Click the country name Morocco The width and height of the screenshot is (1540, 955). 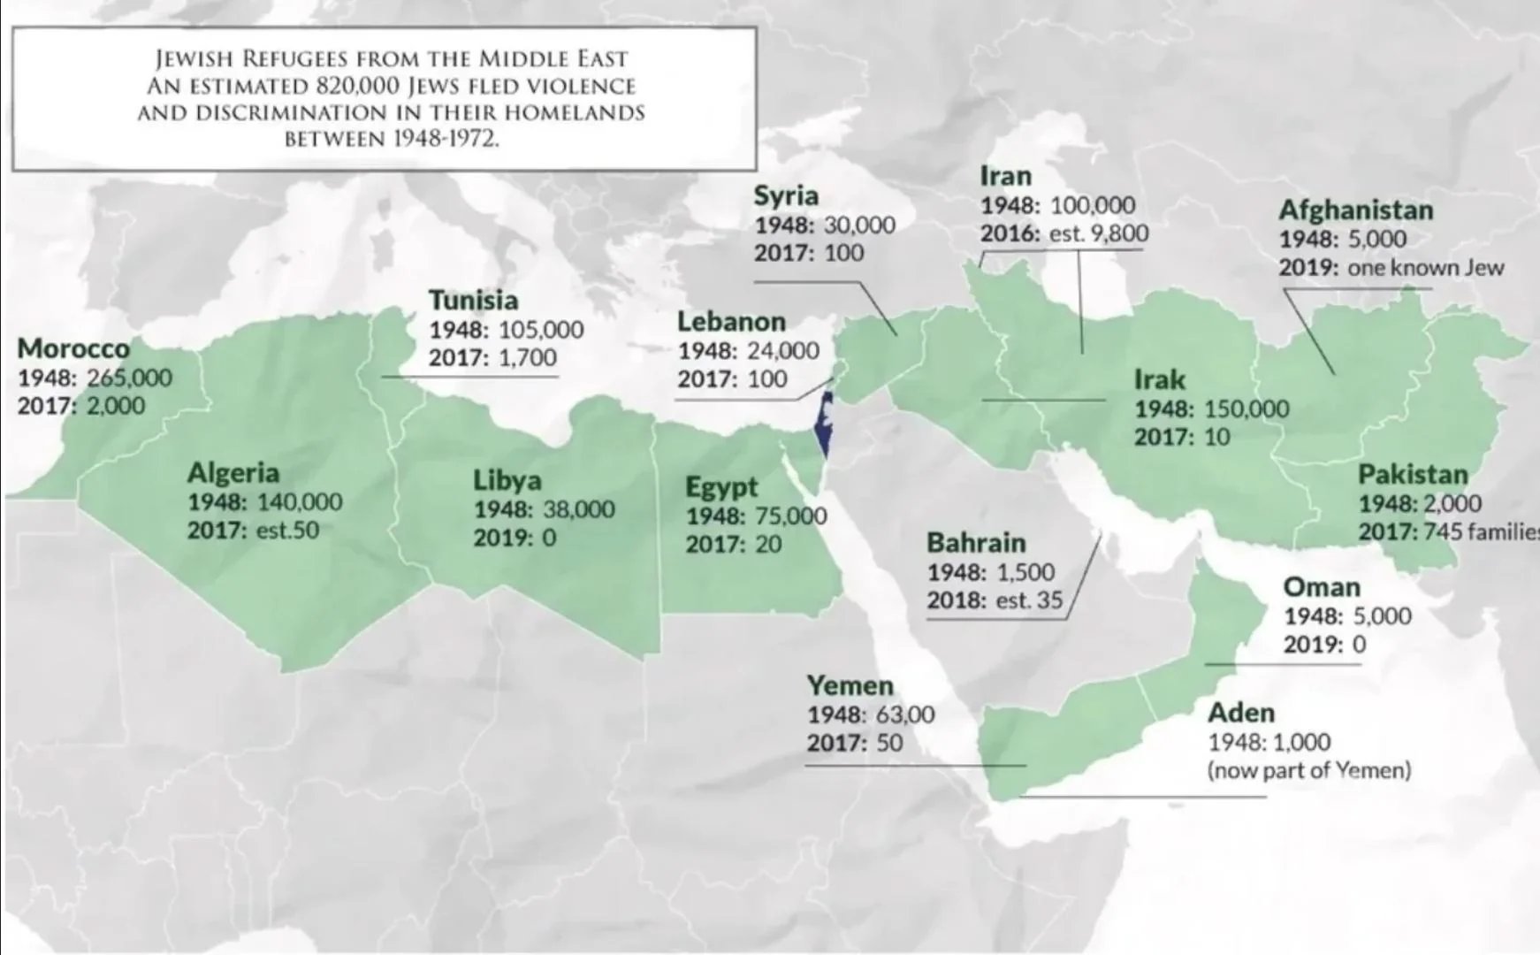point(73,348)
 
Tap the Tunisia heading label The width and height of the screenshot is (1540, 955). point(473,301)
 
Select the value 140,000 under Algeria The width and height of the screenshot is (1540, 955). point(299,502)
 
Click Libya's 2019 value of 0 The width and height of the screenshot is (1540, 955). point(549,538)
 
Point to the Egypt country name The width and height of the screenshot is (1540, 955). point(721,487)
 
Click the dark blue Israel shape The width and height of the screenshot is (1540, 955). point(825,424)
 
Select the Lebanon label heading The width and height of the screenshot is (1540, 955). point(731,321)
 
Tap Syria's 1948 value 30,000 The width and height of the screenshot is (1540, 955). point(859,225)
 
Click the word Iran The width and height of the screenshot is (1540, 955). point(1005,175)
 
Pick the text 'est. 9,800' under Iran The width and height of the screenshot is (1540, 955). point(1099,233)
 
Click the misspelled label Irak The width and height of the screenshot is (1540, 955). point(1159,380)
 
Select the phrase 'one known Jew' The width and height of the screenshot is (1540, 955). point(1425,267)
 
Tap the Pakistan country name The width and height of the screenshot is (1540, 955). point(1412,475)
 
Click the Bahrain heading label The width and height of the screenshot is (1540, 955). point(976,542)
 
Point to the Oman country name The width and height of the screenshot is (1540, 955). point(1321,587)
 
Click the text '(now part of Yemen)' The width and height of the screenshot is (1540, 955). point(1308,770)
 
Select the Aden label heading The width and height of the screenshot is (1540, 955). point(1240,713)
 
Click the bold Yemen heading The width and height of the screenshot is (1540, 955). point(850,685)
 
